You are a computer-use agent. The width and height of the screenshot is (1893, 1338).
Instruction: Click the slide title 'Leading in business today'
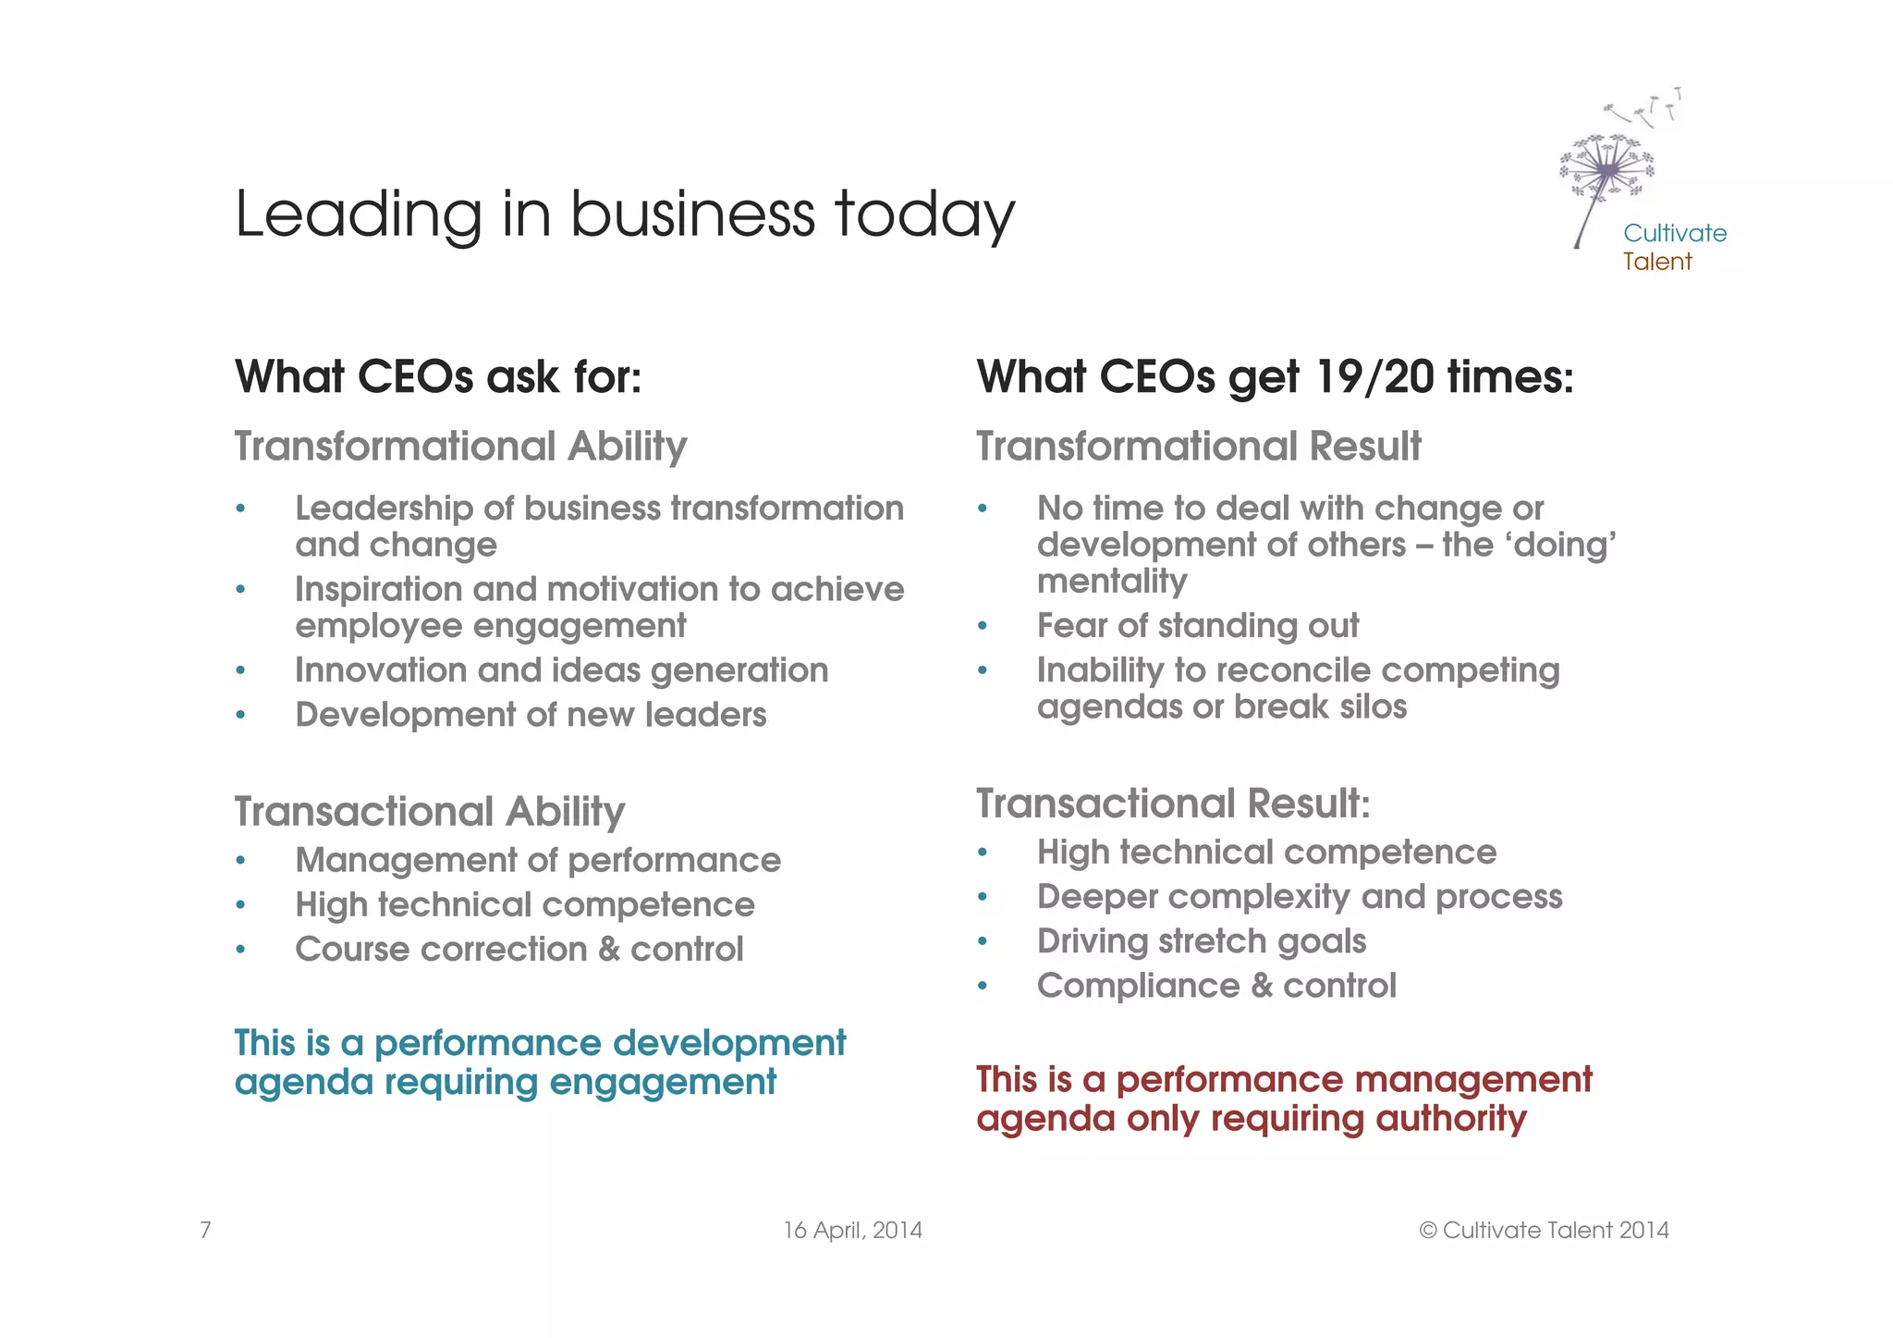[625, 215]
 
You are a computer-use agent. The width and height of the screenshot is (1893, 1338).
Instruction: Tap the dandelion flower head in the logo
[1607, 168]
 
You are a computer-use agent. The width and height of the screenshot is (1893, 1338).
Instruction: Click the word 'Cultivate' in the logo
[1674, 233]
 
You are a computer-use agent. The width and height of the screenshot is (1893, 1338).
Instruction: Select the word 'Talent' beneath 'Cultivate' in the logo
[1656, 262]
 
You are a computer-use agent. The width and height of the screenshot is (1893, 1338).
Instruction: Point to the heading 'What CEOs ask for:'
[438, 377]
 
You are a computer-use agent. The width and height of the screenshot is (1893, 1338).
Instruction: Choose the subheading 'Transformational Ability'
[460, 447]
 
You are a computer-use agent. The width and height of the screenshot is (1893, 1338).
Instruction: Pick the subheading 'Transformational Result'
[1198, 447]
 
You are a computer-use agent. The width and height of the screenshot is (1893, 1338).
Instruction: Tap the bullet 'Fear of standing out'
[1197, 626]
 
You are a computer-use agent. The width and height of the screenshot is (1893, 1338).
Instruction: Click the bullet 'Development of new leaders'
[531, 715]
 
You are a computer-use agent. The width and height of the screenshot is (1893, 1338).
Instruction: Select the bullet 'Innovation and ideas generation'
[561, 670]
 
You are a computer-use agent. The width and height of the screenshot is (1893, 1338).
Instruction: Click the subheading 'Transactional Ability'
[430, 812]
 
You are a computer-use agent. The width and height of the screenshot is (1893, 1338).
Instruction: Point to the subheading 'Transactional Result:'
[1173, 804]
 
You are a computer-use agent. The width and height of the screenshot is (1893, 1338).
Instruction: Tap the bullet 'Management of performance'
[538, 861]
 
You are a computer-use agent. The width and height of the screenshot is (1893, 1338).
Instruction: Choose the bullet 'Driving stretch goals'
[1201, 941]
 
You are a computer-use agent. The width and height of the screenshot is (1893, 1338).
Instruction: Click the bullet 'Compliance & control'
[1215, 986]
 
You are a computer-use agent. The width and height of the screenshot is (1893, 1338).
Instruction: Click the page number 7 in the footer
[205, 1230]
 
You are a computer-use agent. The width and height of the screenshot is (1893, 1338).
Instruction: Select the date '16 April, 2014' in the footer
[852, 1231]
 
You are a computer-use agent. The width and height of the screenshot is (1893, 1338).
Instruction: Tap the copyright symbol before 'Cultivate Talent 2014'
[1428, 1231]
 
